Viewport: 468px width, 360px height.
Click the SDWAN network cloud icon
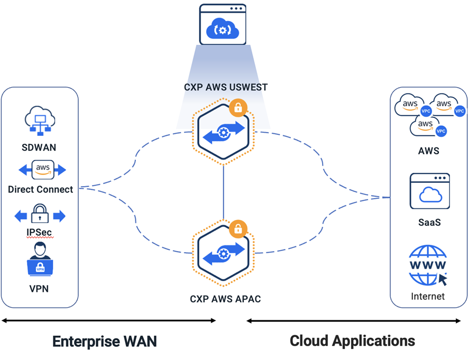pos(40,119)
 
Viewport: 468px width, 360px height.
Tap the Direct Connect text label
pos(41,189)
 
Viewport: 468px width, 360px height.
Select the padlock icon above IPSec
pos(40,215)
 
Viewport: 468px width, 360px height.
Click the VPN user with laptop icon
pos(40,260)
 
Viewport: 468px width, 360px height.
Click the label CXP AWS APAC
pos(225,299)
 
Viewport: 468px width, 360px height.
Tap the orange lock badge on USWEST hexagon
pos(238,108)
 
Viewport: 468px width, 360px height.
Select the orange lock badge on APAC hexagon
pos(238,228)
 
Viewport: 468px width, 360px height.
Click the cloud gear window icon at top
pos(223,24)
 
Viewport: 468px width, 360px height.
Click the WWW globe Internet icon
pos(428,265)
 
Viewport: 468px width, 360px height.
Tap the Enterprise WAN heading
pos(105,341)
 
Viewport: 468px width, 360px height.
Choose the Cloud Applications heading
pos(352,340)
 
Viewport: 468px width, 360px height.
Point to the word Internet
pos(428,296)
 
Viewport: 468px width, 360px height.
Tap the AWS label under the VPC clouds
pos(428,151)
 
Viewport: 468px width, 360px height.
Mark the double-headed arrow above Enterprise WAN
pos(108,320)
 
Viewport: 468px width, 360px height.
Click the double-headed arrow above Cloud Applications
pos(353,320)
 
